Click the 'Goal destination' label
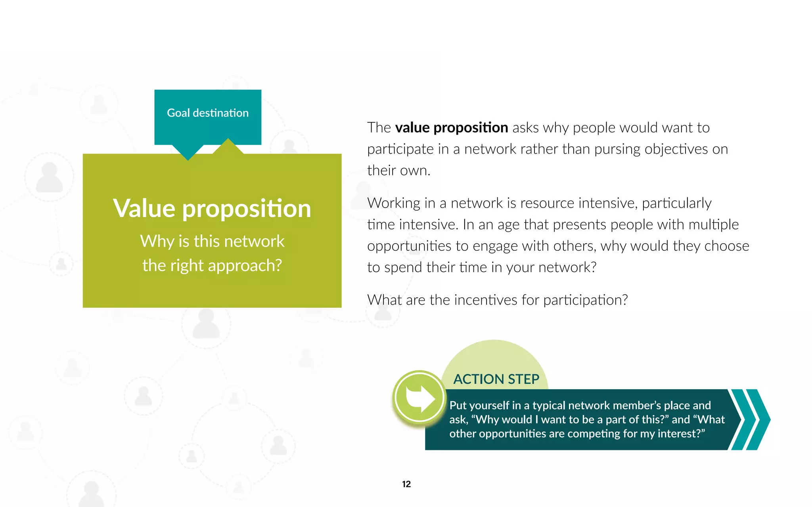(x=208, y=113)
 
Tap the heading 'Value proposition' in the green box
(x=212, y=208)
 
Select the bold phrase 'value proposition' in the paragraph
(x=452, y=128)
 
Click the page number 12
(x=406, y=484)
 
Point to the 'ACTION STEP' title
(x=496, y=379)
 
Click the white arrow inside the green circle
(x=420, y=398)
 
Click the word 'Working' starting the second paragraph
(x=393, y=203)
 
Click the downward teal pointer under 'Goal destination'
(x=188, y=152)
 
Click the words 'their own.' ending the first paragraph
(x=398, y=170)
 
